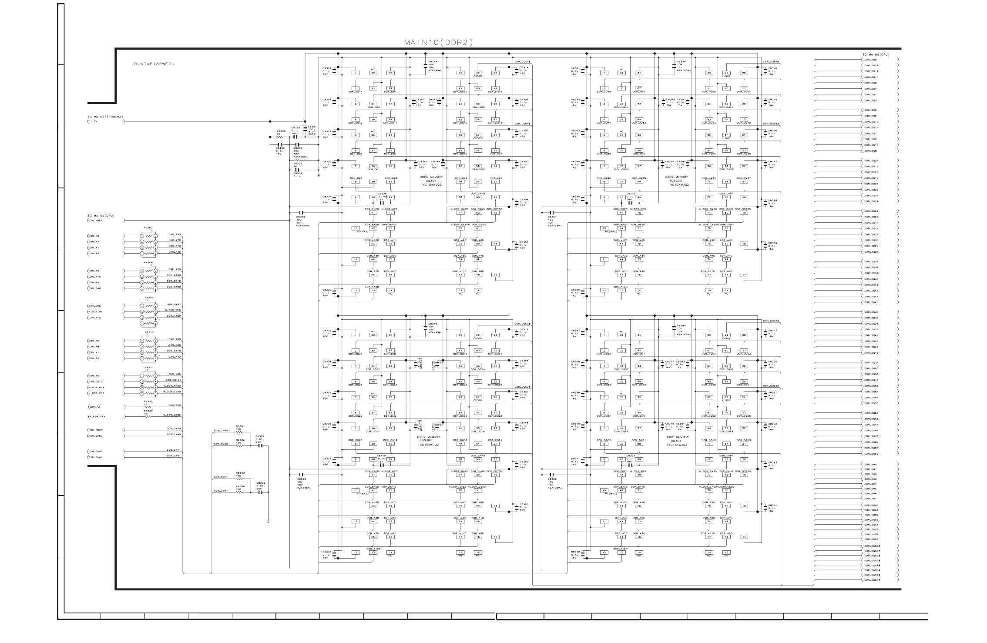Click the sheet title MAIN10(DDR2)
coord(438,43)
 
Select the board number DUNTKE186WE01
coord(154,64)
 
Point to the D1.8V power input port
coord(94,121)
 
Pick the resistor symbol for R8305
coord(281,137)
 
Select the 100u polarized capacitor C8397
coord(305,130)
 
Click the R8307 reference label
coord(148,228)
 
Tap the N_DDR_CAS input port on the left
coord(97,416)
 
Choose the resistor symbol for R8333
coord(148,416)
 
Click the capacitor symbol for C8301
coord(260,445)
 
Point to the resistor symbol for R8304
coord(239,492)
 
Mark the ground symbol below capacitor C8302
coord(269,521)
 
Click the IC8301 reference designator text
coord(431,181)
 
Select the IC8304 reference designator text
coord(677,441)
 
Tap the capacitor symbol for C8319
coord(301,213)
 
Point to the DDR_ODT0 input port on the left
coord(95,382)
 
